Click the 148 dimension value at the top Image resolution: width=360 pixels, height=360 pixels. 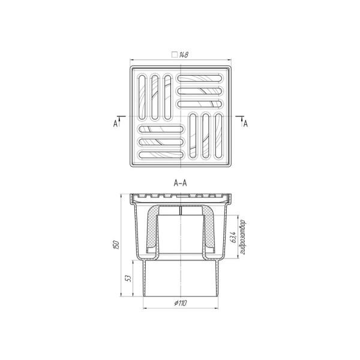[x=184, y=55]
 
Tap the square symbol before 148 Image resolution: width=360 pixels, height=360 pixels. [x=175, y=55]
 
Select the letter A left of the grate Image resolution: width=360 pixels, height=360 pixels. [x=115, y=124]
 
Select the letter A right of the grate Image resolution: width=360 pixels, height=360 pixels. [x=245, y=124]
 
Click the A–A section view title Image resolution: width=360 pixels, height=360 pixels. [x=180, y=183]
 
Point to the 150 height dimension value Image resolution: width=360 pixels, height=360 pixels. [x=117, y=245]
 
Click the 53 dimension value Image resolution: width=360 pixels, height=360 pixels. [x=129, y=278]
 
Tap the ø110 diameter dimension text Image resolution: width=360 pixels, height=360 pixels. [x=181, y=303]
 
